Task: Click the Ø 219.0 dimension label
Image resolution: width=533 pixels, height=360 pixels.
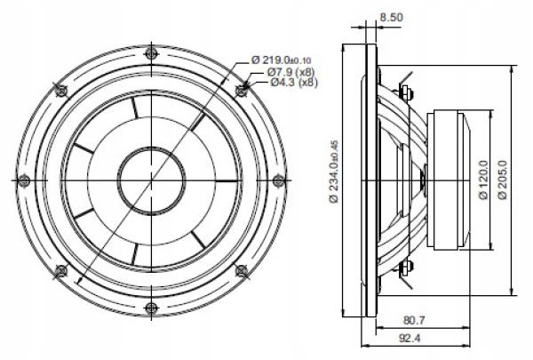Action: [281, 60]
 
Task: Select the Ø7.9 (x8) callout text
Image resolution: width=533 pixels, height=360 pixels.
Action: [290, 72]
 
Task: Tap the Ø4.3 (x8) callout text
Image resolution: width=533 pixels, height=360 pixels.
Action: [294, 83]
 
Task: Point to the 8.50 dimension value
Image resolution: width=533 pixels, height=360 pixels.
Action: [391, 17]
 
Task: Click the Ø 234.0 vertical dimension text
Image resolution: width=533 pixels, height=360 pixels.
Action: [334, 172]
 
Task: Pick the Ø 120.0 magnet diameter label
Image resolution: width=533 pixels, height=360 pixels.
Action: [483, 180]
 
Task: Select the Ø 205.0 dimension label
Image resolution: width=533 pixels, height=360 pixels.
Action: [502, 180]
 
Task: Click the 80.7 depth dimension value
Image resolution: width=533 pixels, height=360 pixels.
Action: [414, 320]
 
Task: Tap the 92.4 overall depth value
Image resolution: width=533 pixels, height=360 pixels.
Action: [410, 339]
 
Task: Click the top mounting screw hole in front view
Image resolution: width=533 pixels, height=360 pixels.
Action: [152, 53]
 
